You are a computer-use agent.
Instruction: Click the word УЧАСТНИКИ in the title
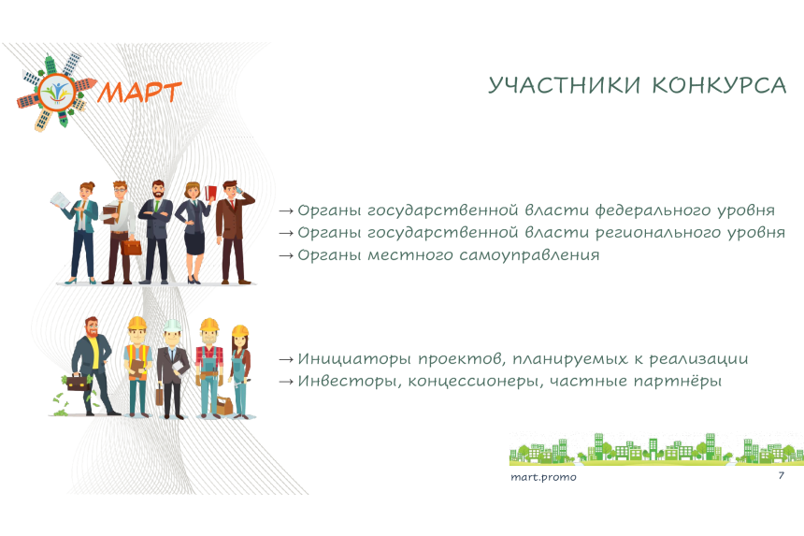click(565, 85)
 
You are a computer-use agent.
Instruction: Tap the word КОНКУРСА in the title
click(720, 85)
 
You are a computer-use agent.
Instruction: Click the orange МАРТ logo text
click(139, 93)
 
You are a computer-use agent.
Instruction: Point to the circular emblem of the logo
click(57, 92)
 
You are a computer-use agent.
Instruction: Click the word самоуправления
click(528, 255)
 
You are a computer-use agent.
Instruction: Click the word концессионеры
click(475, 381)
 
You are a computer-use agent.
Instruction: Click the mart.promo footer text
click(543, 477)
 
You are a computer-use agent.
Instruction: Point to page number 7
click(781, 475)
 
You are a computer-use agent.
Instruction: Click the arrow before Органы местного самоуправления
click(286, 255)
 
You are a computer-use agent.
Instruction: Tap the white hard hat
click(172, 326)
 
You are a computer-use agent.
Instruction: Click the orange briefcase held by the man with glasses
click(131, 248)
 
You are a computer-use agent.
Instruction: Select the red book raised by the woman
click(210, 193)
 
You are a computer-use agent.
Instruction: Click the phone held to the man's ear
click(239, 191)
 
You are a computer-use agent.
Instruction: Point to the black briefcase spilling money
click(79, 384)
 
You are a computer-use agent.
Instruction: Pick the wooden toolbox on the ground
click(224, 405)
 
